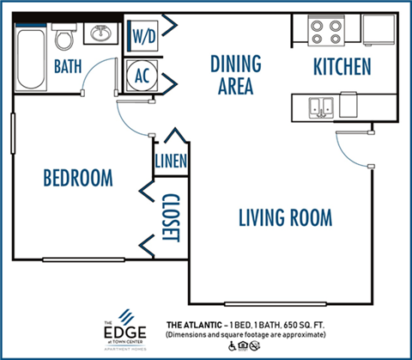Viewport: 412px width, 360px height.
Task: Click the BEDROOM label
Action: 78,178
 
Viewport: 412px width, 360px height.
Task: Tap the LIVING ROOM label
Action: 285,217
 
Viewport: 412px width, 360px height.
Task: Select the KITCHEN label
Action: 341,66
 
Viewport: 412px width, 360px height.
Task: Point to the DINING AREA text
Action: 235,75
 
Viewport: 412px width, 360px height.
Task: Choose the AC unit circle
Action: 142,75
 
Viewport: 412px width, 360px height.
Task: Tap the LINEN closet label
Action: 171,161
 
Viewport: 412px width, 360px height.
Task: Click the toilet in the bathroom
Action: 64,36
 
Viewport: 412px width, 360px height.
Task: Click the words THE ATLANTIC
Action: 193,326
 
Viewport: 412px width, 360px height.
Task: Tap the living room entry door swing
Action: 353,149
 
